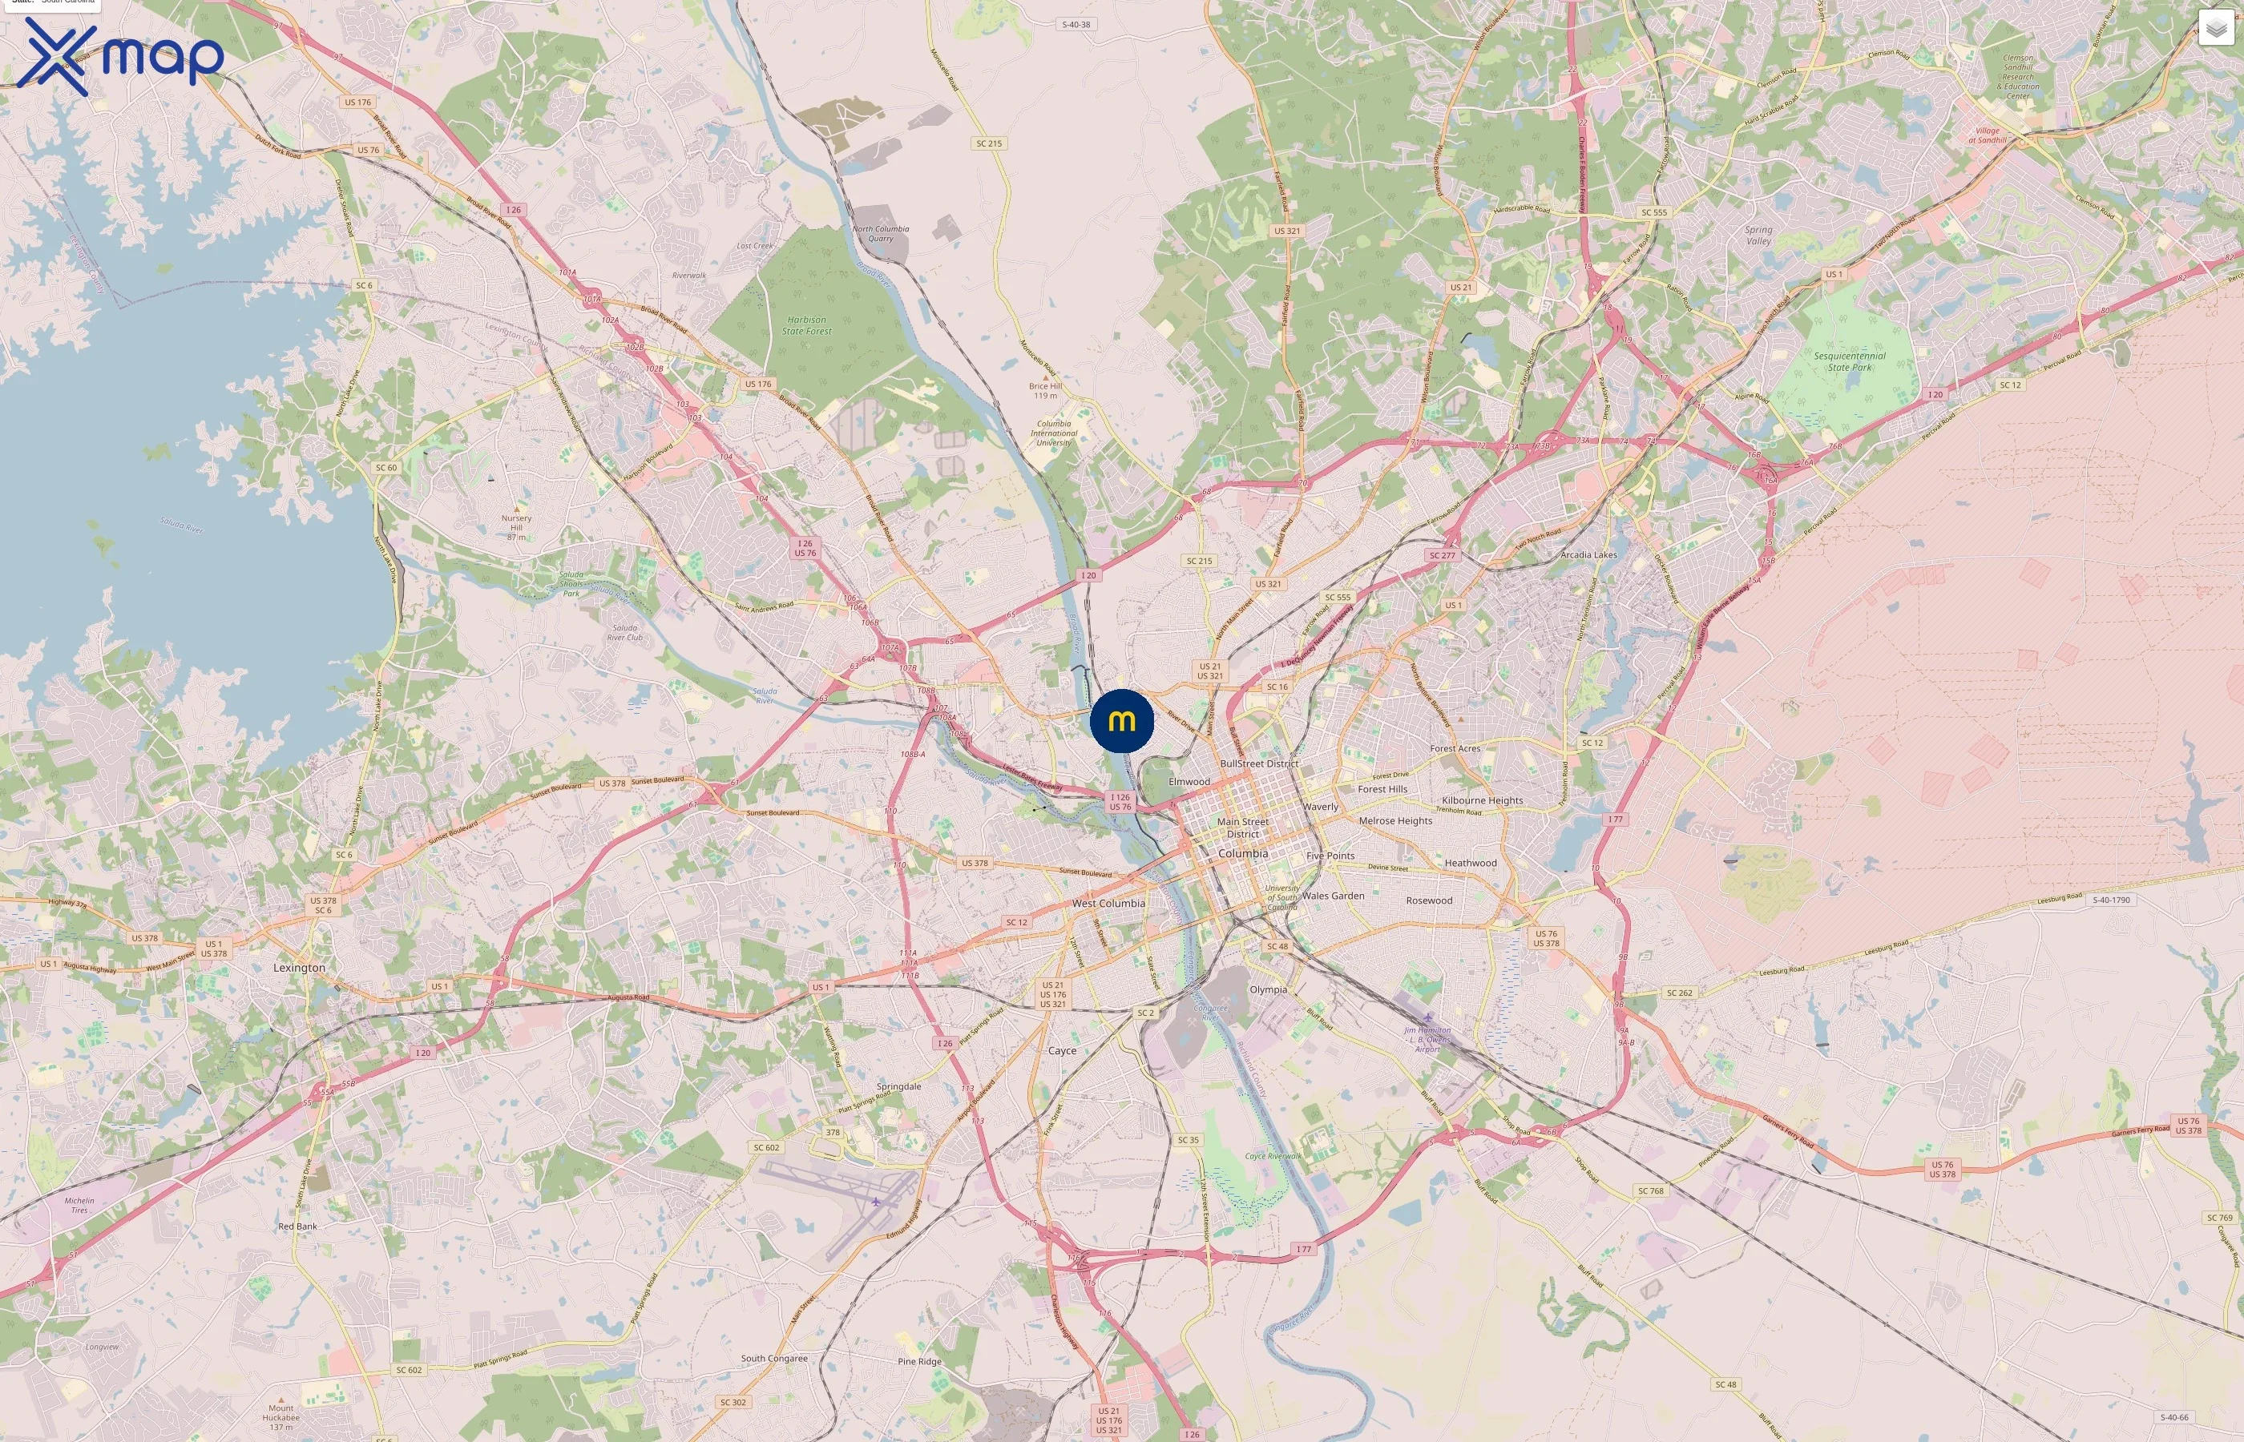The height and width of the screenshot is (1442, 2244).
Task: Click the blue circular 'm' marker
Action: [1121, 721]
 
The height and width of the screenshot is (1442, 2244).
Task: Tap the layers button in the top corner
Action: [2215, 28]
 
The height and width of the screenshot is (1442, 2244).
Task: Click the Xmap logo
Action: [120, 56]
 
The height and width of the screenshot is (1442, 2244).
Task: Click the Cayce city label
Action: [1061, 1050]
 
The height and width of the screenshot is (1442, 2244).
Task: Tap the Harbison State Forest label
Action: [806, 325]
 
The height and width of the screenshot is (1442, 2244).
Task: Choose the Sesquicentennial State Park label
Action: [1849, 361]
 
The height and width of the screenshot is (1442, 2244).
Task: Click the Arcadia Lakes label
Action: [1588, 554]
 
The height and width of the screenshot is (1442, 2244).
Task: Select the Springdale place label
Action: [898, 1086]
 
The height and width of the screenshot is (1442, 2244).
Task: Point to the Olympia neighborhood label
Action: [1267, 989]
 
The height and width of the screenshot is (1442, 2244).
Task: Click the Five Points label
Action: [1330, 855]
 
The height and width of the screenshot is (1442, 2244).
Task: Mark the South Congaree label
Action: [773, 1358]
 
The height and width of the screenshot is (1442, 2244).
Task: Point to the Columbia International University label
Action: [1054, 433]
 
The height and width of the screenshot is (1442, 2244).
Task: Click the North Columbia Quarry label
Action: [880, 233]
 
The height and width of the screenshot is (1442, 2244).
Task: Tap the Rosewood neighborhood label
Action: [1428, 900]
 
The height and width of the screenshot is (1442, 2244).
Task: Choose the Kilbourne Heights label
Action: [1482, 800]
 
